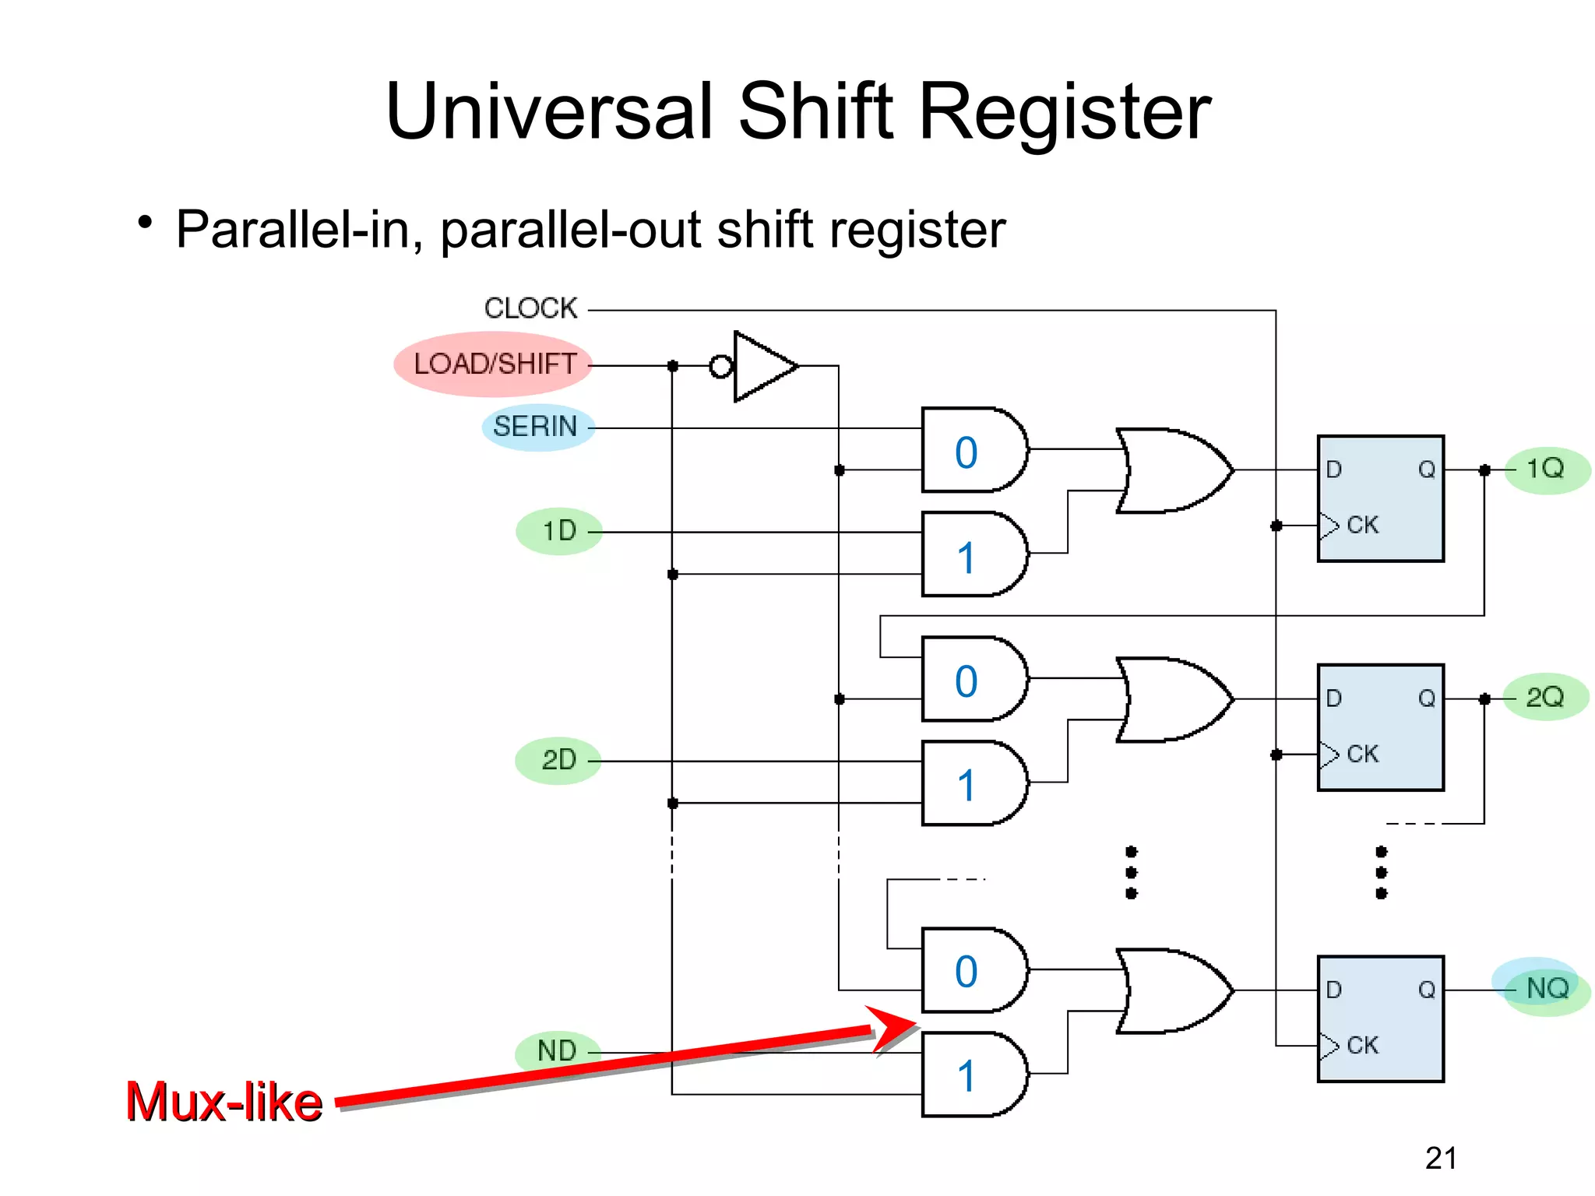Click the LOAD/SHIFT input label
point(495,364)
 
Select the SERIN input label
point(536,427)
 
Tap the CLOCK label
point(530,308)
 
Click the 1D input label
point(559,531)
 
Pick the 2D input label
point(558,760)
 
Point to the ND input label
point(557,1051)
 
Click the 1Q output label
point(1545,469)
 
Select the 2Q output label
point(1545,697)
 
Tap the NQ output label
point(1547,989)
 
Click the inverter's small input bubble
point(721,366)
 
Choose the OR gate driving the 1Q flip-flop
point(1172,470)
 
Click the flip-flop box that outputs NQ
point(1380,1018)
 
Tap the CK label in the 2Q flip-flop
point(1362,754)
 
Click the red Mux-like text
point(224,1102)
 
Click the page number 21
point(1441,1158)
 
